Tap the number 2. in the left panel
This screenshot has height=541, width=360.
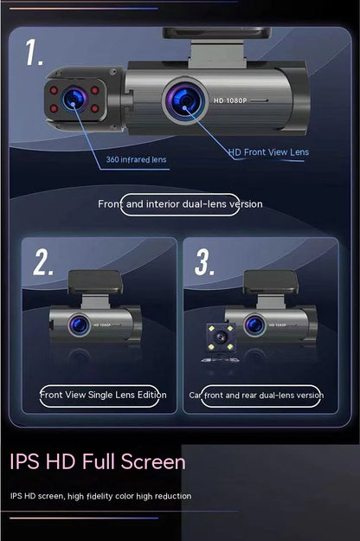[x=44, y=261]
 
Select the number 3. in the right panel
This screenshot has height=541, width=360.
[x=204, y=261]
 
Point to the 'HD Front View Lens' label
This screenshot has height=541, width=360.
[x=268, y=152]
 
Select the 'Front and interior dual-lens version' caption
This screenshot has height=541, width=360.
[x=180, y=203]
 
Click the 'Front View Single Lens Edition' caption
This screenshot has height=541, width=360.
[x=103, y=395]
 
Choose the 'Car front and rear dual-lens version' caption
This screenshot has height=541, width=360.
[x=256, y=395]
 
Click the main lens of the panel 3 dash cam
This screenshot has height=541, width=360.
[x=254, y=325]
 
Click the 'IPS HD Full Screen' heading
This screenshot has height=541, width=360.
[x=98, y=461]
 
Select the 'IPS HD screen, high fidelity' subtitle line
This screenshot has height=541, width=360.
[x=101, y=496]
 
